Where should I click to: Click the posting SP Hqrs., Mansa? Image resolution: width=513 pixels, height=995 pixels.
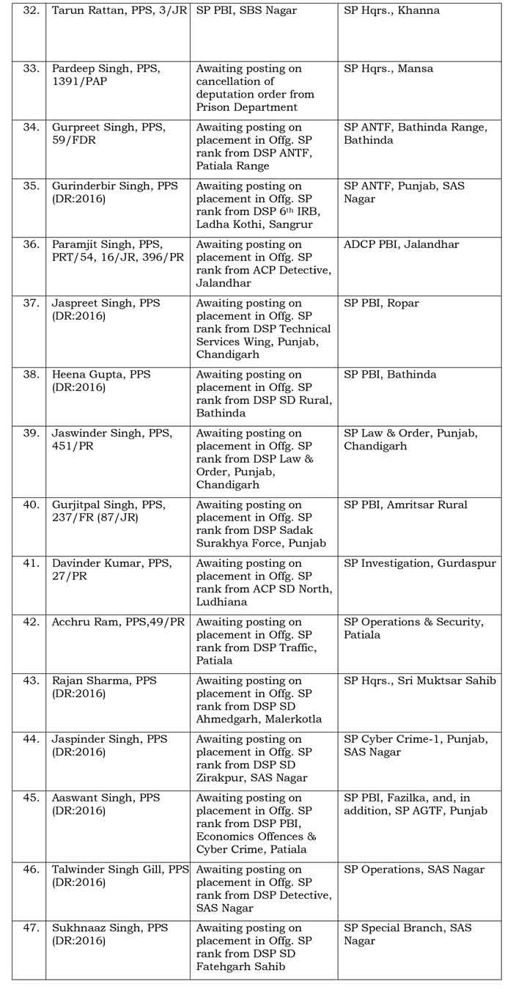388,69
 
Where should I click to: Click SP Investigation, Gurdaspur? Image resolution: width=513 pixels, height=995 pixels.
419,564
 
